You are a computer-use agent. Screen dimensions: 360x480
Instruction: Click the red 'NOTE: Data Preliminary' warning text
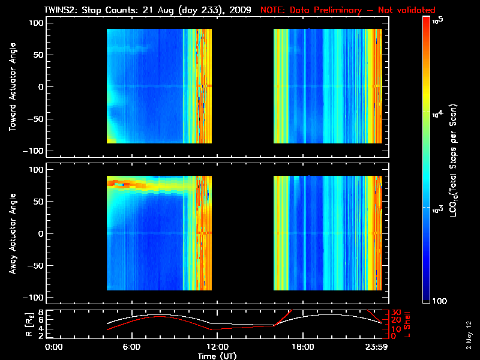(347, 10)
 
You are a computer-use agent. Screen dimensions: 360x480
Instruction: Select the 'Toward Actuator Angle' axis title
(11, 86)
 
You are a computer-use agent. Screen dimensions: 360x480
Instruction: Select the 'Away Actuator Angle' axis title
(11, 233)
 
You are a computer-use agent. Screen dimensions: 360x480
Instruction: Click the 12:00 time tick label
(217, 347)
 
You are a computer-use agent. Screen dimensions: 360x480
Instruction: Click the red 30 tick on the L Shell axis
(397, 313)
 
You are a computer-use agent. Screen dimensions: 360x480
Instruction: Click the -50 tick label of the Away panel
(34, 266)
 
